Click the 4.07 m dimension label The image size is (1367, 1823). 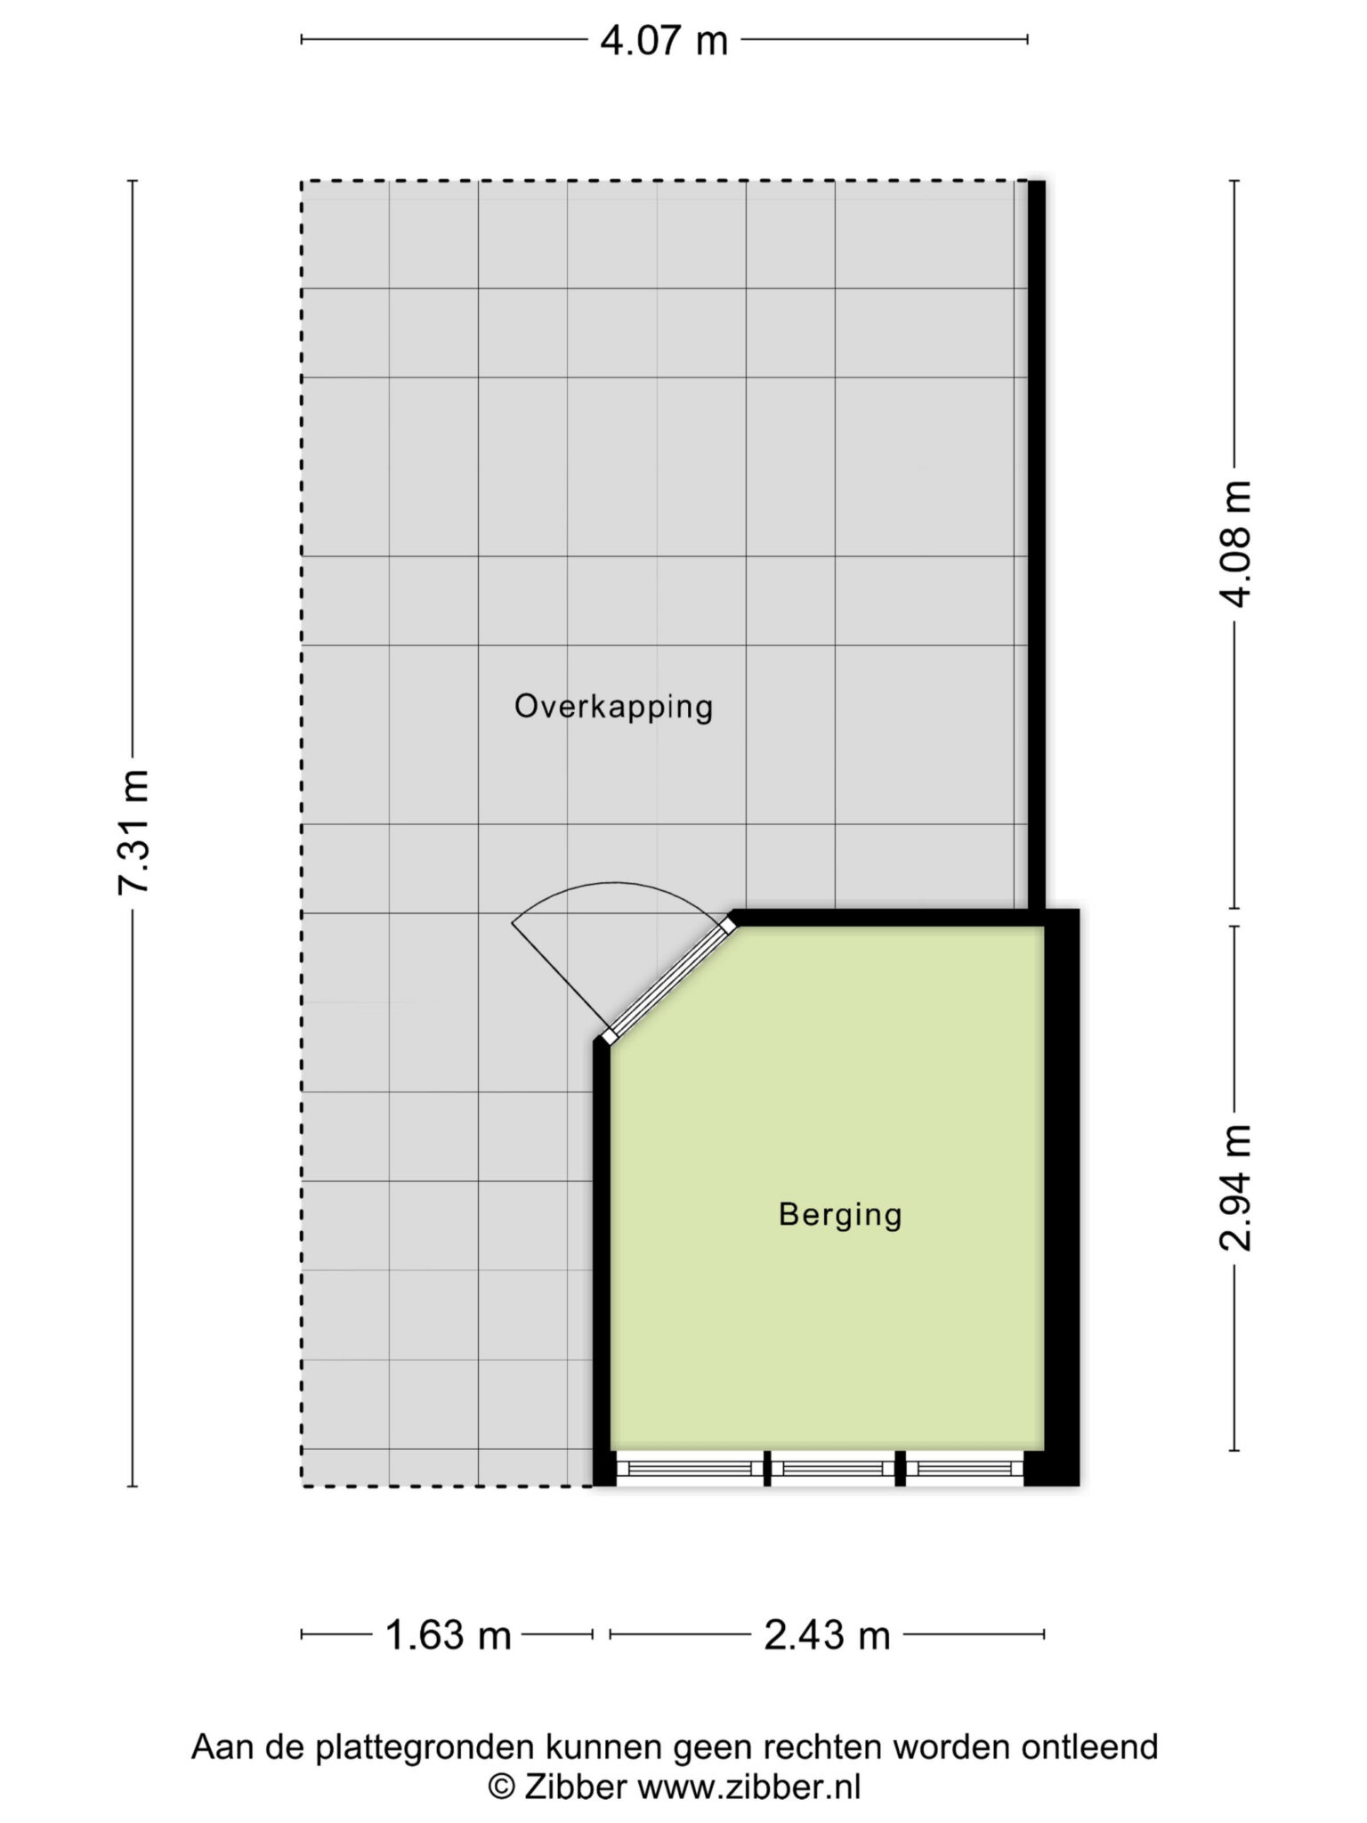(x=664, y=41)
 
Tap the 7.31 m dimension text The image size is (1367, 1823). (x=134, y=831)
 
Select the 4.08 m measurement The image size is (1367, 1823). (x=1235, y=544)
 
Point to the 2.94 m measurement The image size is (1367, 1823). (x=1235, y=1187)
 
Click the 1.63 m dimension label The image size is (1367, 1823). (x=448, y=1635)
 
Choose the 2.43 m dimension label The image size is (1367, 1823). (x=827, y=1635)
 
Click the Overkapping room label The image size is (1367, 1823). (x=614, y=707)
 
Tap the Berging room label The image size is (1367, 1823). (x=840, y=1214)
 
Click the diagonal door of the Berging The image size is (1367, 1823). (x=669, y=981)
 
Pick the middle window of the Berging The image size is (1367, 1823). (x=833, y=1468)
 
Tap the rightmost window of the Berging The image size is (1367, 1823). (x=965, y=1468)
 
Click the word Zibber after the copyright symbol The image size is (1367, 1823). (x=576, y=1787)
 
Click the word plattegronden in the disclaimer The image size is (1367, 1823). (x=428, y=1747)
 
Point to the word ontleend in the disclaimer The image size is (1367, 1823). (x=1090, y=1746)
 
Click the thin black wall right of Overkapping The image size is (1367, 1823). (x=1037, y=545)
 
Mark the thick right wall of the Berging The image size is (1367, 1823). (x=1062, y=1197)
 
